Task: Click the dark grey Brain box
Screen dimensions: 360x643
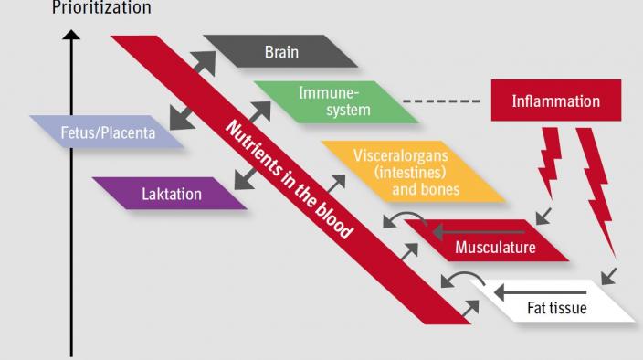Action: pos(280,52)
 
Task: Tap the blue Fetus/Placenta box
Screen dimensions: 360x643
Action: pos(107,132)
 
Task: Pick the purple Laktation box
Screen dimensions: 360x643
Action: pos(171,194)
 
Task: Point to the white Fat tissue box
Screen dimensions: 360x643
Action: pos(556,307)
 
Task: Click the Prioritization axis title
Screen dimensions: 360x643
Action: pos(102,8)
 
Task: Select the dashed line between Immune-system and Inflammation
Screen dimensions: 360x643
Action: pos(441,101)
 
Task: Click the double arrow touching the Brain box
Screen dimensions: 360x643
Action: pos(202,63)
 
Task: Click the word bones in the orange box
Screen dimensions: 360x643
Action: pos(439,189)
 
